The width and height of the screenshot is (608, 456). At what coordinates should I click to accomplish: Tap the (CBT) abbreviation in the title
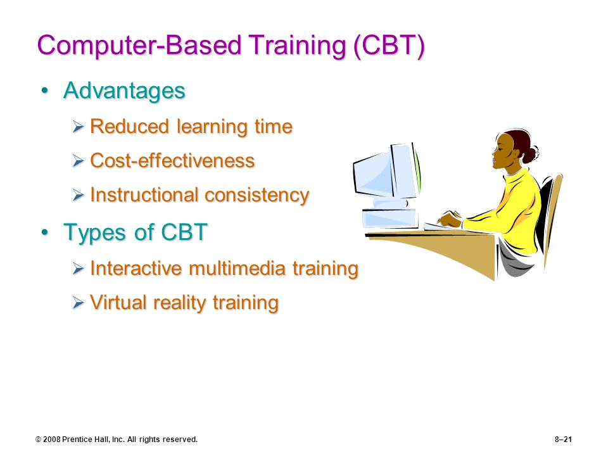coord(389,46)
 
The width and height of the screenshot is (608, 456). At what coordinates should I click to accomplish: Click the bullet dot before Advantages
coord(46,91)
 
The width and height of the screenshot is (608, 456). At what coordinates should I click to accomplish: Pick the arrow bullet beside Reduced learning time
coord(79,127)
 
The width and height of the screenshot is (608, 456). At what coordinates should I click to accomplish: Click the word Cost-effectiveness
coord(172,160)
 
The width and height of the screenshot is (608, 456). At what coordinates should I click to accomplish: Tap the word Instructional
coord(145,194)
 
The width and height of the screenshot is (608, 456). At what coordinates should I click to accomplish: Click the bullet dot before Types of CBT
coord(46,232)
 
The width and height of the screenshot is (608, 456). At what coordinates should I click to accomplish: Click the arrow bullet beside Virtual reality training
coord(79,303)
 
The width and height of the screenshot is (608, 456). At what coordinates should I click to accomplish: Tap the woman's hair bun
coord(529,154)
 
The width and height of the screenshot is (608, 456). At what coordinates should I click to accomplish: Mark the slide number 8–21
coord(563,440)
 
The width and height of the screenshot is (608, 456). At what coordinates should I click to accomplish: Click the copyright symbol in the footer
coord(39,440)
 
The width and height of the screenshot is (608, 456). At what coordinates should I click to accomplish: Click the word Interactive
coord(136,268)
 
